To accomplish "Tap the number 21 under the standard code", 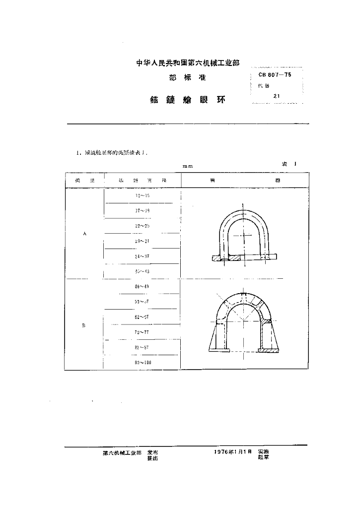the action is [276, 96].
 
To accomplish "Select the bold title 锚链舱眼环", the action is [187, 99].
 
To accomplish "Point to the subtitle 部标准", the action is [187, 78].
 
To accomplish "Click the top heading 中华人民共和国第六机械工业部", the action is [188, 63].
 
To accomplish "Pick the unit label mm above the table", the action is [187, 166].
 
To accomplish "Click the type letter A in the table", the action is [84, 234].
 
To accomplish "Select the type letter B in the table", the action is [84, 325].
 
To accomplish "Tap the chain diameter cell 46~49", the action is [142, 287].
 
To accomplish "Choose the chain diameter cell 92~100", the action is [143, 363].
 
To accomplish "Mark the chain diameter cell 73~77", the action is [142, 332].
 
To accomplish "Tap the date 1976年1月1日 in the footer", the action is [233, 452].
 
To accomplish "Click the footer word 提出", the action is [153, 458].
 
